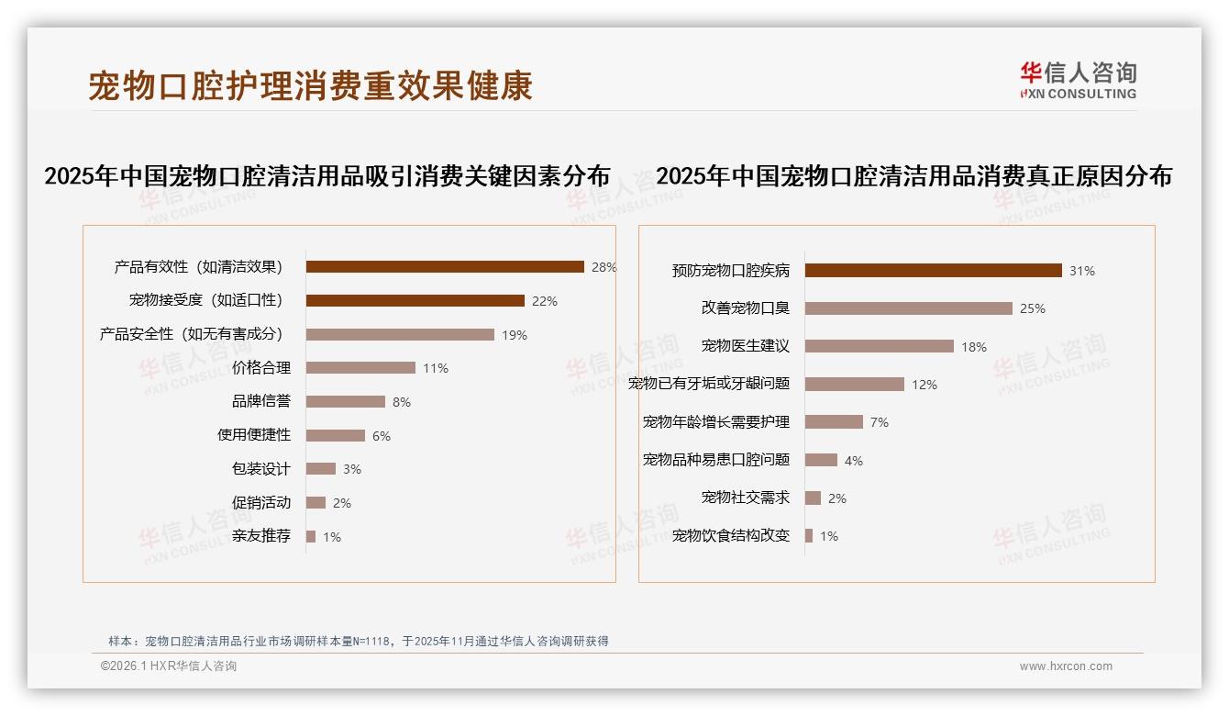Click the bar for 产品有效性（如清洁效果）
[x=445, y=267]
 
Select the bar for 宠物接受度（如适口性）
[x=415, y=301]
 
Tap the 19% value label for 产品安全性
[x=515, y=335]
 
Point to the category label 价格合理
[x=261, y=368]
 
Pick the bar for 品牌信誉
[x=345, y=402]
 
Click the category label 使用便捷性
[x=254, y=435]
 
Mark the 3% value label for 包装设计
[x=352, y=469]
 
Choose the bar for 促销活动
[x=316, y=503]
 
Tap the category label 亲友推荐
[x=261, y=536]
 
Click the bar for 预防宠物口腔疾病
[x=934, y=271]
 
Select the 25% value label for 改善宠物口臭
[x=1033, y=308]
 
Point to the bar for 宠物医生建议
[x=880, y=346]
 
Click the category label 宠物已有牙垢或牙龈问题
[x=709, y=384]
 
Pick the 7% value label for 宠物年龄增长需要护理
[x=880, y=422]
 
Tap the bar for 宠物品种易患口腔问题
[x=821, y=460]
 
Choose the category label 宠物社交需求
[x=746, y=498]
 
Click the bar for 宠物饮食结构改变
[x=809, y=536]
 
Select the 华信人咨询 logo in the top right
[x=1078, y=80]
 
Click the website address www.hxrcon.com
[x=1066, y=666]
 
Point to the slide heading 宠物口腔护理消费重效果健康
[x=311, y=86]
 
